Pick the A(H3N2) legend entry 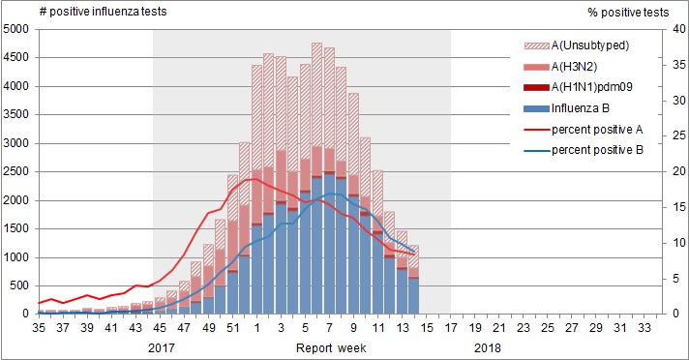[x=579, y=67]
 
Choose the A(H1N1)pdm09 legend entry [x=593, y=89]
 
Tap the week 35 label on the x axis [x=40, y=328]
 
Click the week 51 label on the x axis [x=232, y=328]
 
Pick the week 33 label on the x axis [x=643, y=328]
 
